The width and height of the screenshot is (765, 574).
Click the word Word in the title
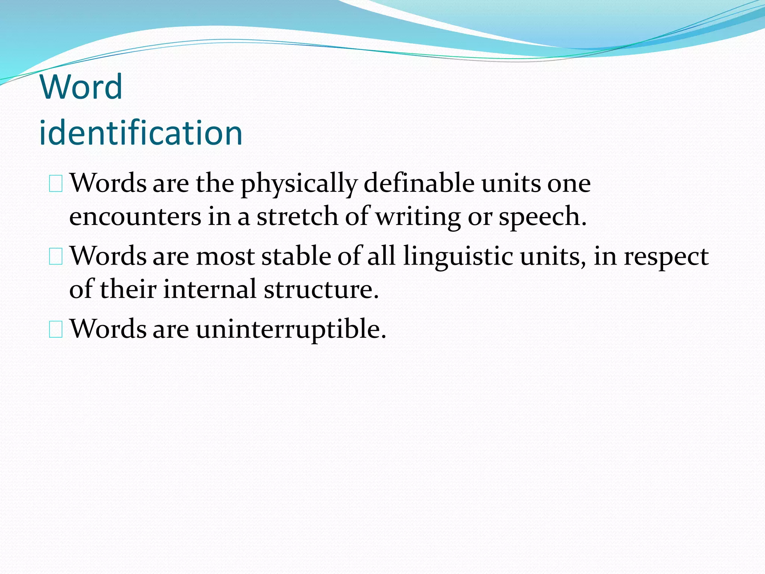(81, 87)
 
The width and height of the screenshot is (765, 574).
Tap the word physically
(299, 184)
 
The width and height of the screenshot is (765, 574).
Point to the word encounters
(135, 217)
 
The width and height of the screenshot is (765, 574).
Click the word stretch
(297, 216)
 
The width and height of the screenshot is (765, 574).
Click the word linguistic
(458, 257)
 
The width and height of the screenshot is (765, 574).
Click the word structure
(321, 290)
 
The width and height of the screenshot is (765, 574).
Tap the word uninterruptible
(291, 330)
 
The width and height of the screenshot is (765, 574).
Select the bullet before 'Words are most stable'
(56, 257)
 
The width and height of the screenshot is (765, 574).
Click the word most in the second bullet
(225, 257)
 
